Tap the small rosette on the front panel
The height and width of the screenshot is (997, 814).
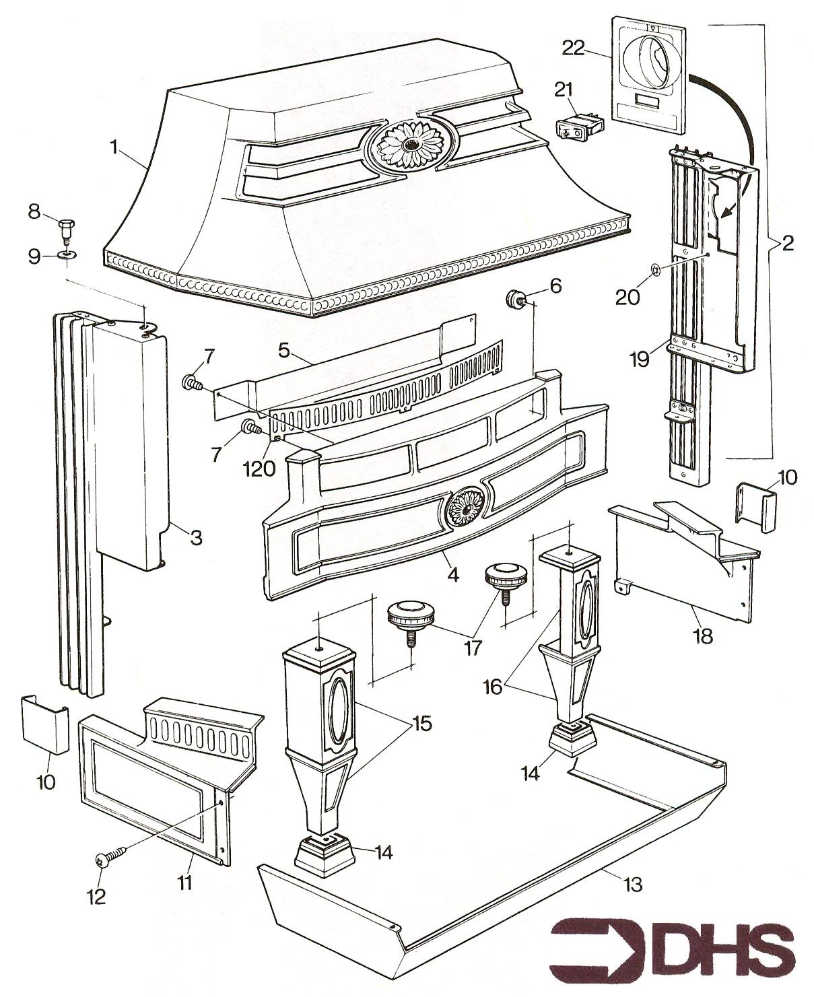(465, 507)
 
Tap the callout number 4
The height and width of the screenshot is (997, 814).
(452, 575)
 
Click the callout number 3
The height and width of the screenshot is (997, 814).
(195, 537)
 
